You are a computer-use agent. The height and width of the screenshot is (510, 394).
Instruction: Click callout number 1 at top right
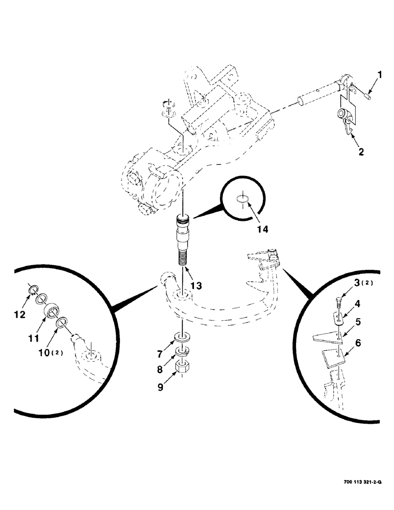pos(380,76)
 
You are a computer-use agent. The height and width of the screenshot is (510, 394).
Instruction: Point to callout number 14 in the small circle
pos(262,229)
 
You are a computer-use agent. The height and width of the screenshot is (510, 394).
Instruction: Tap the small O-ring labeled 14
pos(244,199)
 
